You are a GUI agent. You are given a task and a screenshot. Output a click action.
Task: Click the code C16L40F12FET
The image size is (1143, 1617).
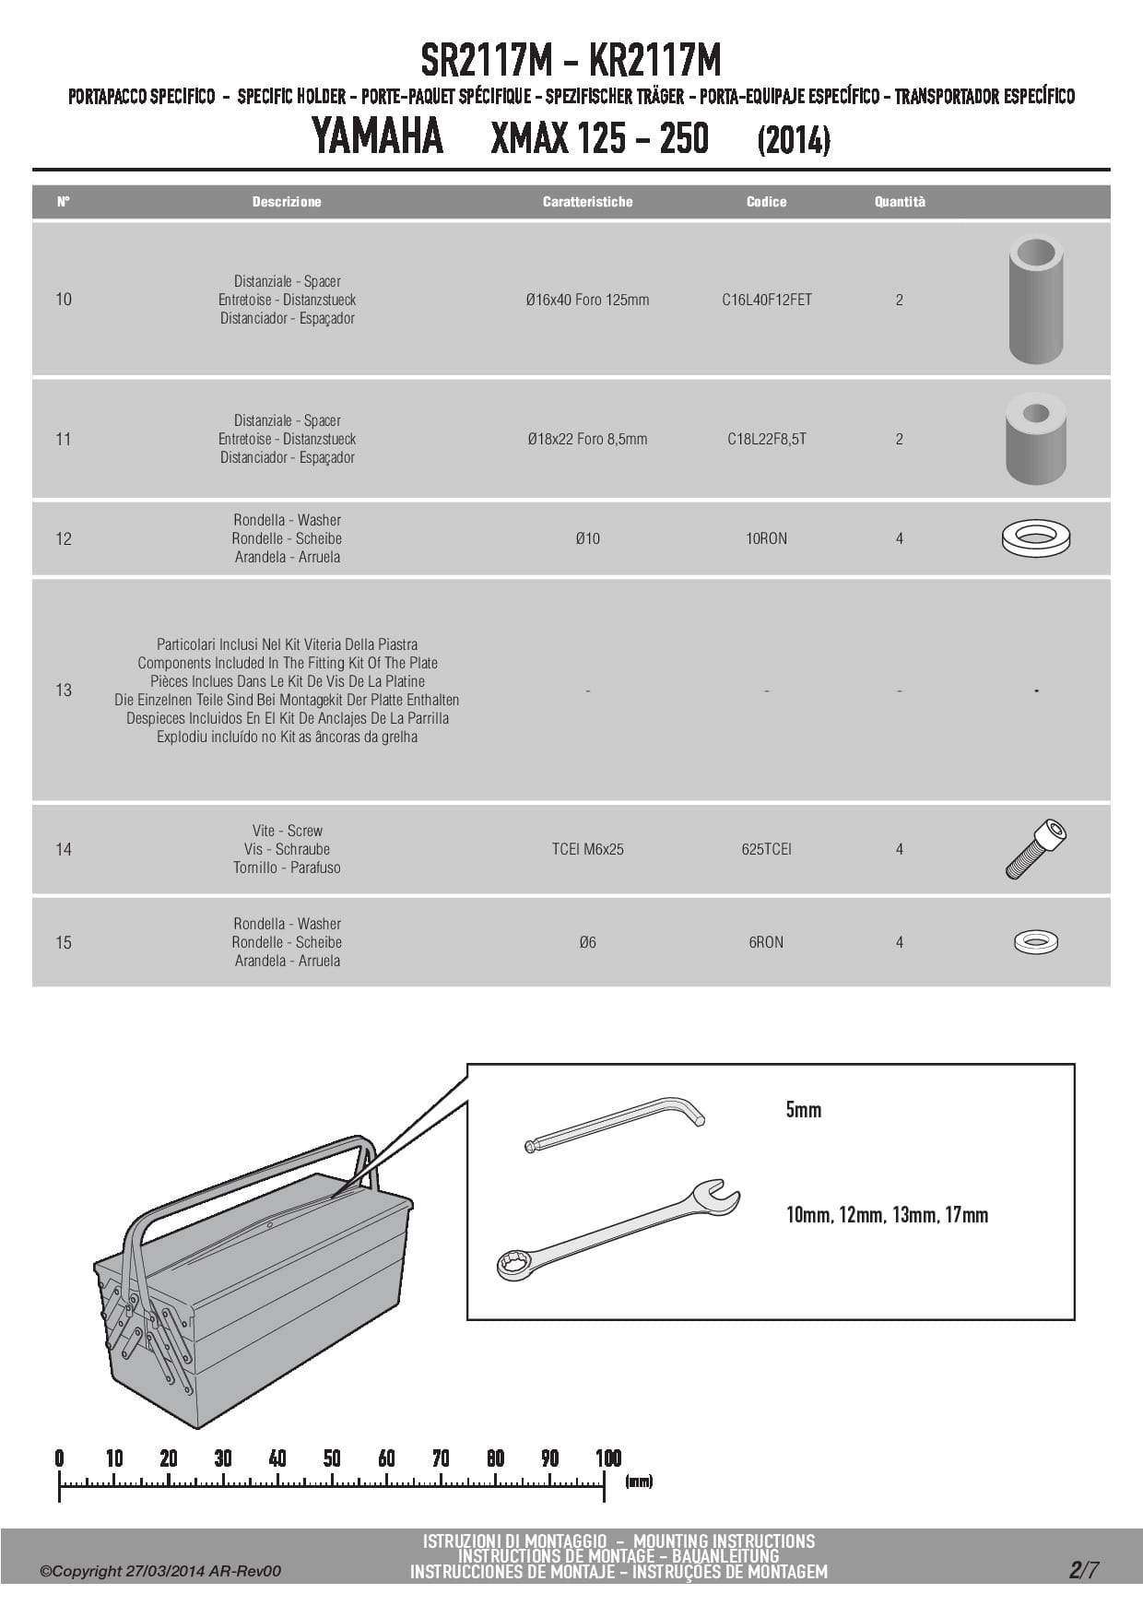tap(766, 300)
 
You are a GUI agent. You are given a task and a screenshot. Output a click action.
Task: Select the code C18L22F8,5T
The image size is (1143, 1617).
tap(766, 439)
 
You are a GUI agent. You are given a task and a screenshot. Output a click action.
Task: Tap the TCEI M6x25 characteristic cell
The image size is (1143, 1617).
tap(587, 849)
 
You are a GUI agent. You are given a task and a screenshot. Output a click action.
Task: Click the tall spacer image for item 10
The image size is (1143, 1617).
tap(1035, 299)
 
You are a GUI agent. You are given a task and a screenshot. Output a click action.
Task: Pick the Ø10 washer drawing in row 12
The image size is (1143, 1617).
tap(1035, 537)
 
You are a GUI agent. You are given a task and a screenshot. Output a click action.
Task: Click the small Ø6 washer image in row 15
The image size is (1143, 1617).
tap(1035, 941)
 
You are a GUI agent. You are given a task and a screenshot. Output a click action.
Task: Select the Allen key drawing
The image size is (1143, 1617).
tap(613, 1124)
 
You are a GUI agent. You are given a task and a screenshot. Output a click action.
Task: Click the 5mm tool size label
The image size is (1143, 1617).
tap(803, 1110)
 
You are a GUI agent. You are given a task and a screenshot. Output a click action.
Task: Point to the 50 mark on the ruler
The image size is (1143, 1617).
tap(332, 1458)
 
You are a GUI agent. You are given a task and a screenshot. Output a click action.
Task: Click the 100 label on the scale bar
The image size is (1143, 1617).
tap(607, 1458)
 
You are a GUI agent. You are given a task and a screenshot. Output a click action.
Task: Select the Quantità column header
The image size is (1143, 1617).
tap(899, 202)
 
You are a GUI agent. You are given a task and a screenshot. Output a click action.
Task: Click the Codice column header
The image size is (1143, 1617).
tap(766, 202)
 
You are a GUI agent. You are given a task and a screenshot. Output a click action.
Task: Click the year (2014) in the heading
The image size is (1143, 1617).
tap(793, 141)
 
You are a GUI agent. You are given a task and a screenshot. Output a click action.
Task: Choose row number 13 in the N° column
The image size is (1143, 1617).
tap(64, 690)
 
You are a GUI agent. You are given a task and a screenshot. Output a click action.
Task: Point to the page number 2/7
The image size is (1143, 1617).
tap(1083, 1570)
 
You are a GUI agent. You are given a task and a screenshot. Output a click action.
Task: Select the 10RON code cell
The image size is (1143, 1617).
tap(766, 538)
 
